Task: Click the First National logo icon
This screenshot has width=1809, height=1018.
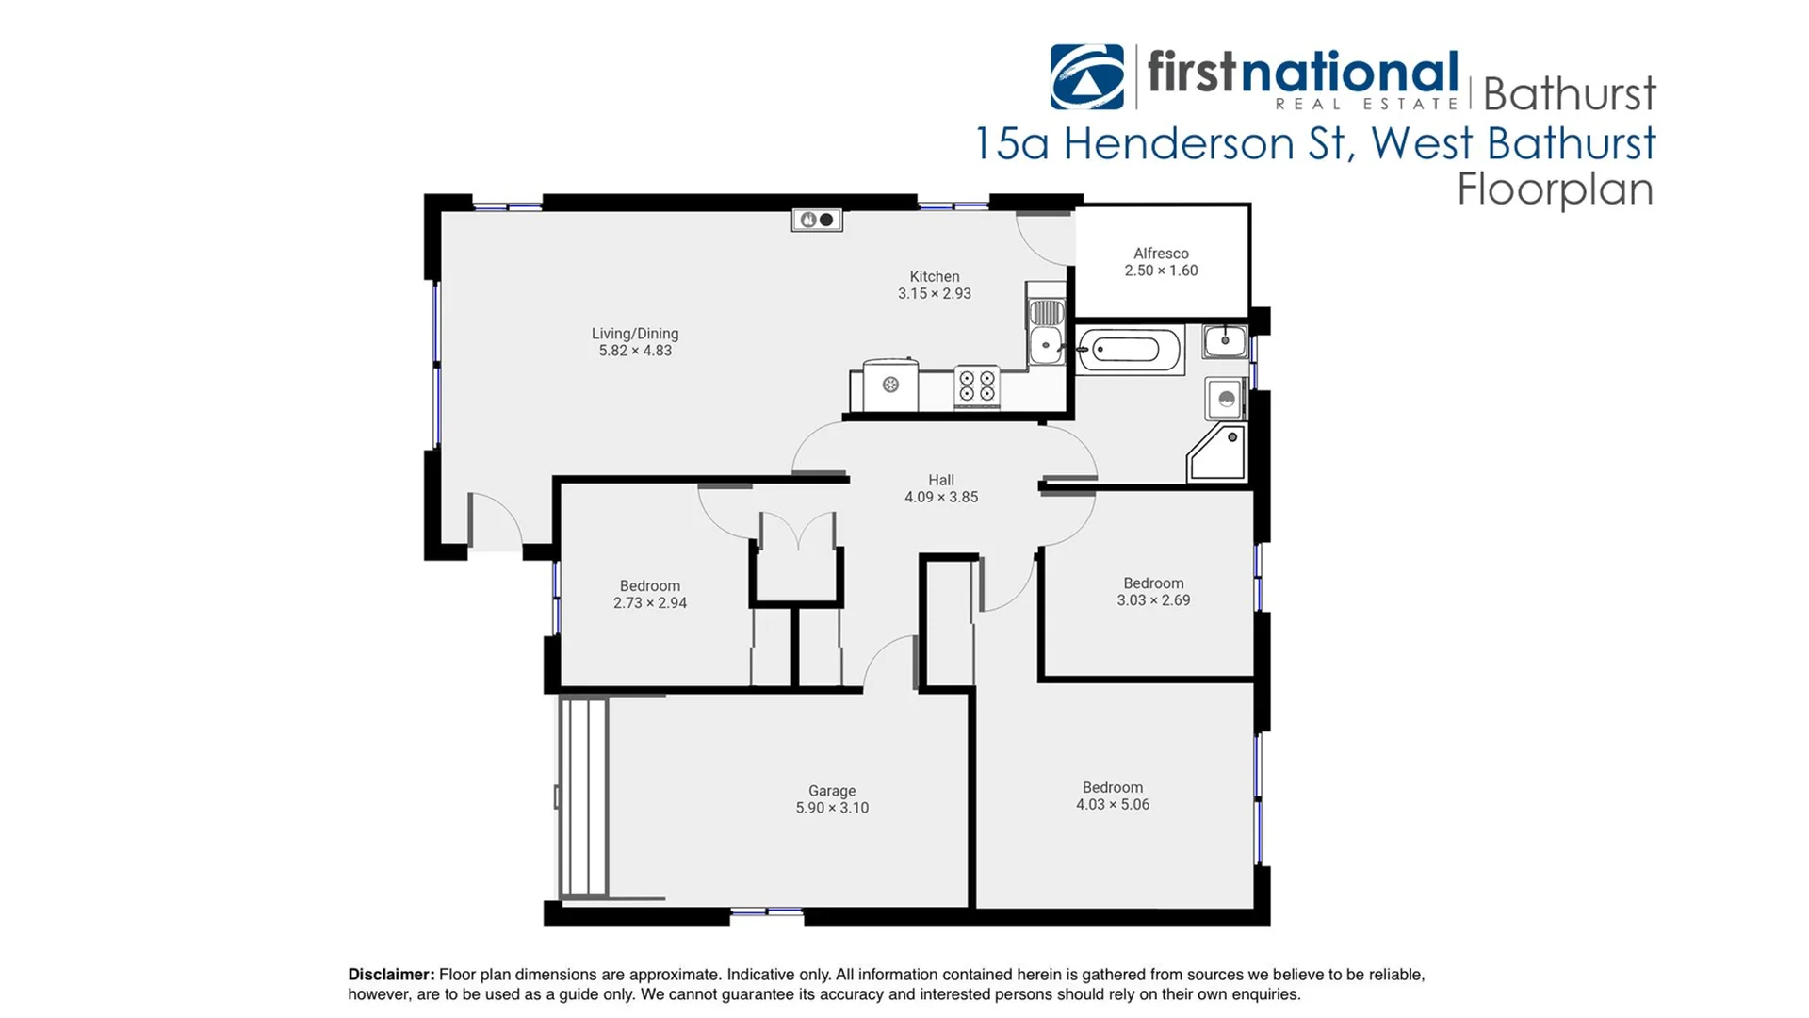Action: (x=1087, y=76)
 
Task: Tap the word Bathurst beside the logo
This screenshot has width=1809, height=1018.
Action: (x=1569, y=93)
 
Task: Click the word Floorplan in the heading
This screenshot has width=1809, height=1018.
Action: (x=1555, y=189)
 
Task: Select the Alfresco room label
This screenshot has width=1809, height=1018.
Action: (x=1161, y=262)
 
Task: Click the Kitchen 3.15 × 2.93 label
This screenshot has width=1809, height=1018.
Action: (x=935, y=285)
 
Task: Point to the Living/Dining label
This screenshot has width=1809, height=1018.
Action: (x=635, y=342)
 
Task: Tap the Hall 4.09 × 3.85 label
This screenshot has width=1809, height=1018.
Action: (x=941, y=488)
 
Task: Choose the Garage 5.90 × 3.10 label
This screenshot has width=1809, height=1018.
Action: (x=832, y=799)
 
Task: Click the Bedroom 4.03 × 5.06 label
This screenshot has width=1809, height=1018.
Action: (x=1113, y=796)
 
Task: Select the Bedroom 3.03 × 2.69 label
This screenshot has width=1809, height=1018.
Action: (x=1153, y=591)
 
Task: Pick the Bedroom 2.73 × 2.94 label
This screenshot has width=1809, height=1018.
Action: (x=650, y=594)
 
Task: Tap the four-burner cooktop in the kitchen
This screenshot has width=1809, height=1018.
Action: (x=977, y=386)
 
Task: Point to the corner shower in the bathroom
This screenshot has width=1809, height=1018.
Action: (x=1218, y=453)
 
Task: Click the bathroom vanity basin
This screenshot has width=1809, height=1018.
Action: (x=1225, y=340)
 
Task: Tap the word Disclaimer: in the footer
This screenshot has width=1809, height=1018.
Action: (x=391, y=975)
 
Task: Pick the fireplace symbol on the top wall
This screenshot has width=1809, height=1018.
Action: (x=817, y=220)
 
